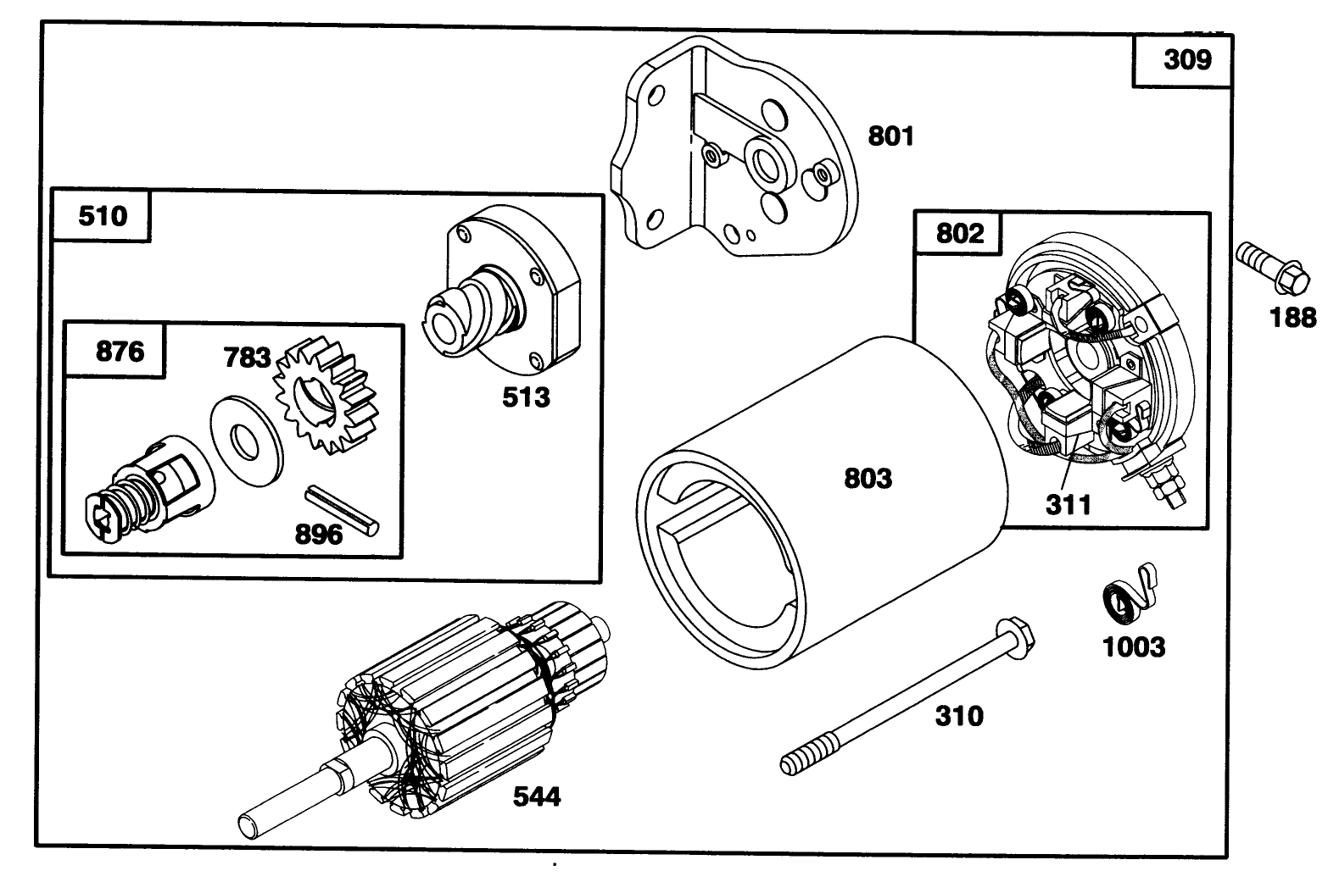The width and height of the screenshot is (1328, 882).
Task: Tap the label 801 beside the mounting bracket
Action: pyautogui.click(x=890, y=136)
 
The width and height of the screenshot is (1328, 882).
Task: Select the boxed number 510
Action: pyautogui.click(x=102, y=216)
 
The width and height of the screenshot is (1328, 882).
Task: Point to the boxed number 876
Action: pyautogui.click(x=120, y=351)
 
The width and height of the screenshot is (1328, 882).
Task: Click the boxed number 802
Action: pyautogui.click(x=959, y=233)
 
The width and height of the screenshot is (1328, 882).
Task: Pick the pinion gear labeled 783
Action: pyautogui.click(x=326, y=395)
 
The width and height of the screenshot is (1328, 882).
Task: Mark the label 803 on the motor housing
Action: pyautogui.click(x=868, y=479)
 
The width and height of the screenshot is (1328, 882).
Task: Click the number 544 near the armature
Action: pyautogui.click(x=536, y=796)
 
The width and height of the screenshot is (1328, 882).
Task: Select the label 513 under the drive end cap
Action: pyautogui.click(x=526, y=397)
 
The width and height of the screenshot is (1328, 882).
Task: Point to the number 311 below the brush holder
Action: pyautogui.click(x=1068, y=505)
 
